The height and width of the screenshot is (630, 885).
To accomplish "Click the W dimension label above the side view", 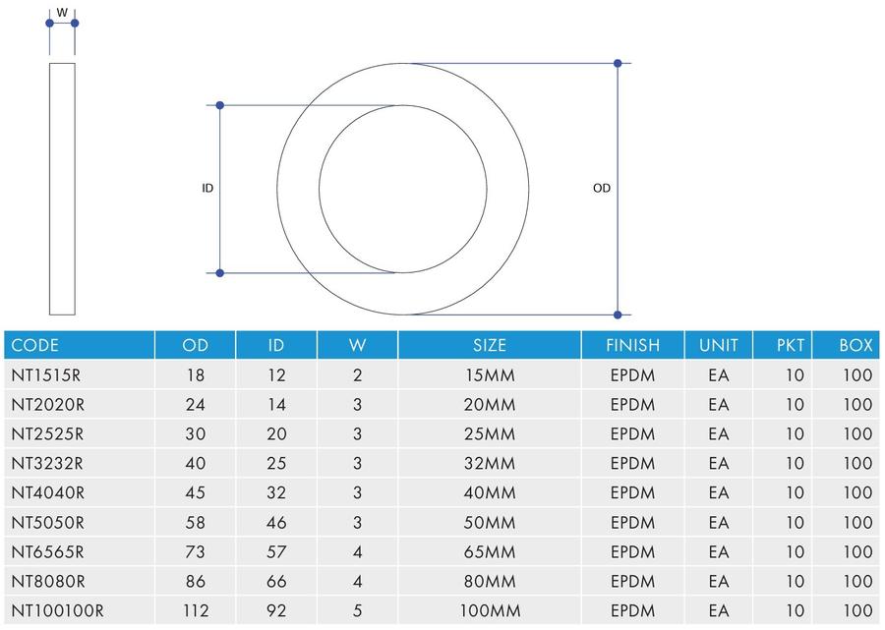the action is tap(62, 13).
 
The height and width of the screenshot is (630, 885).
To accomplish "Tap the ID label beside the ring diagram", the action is tap(207, 189).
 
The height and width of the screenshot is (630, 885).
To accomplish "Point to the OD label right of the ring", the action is tap(602, 189).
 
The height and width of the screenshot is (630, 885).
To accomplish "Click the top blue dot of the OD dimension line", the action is tap(618, 63).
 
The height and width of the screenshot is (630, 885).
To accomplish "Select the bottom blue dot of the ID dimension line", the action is tap(220, 273).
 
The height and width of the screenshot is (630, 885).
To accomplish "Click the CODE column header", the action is tap(35, 345).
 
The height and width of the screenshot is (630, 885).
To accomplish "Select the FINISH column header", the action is tap(632, 345).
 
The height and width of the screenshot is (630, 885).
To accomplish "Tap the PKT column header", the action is tap(791, 345).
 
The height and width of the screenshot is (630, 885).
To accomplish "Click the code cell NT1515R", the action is tap(45, 375).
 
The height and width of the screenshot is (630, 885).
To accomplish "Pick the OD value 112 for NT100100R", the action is tap(196, 610).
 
